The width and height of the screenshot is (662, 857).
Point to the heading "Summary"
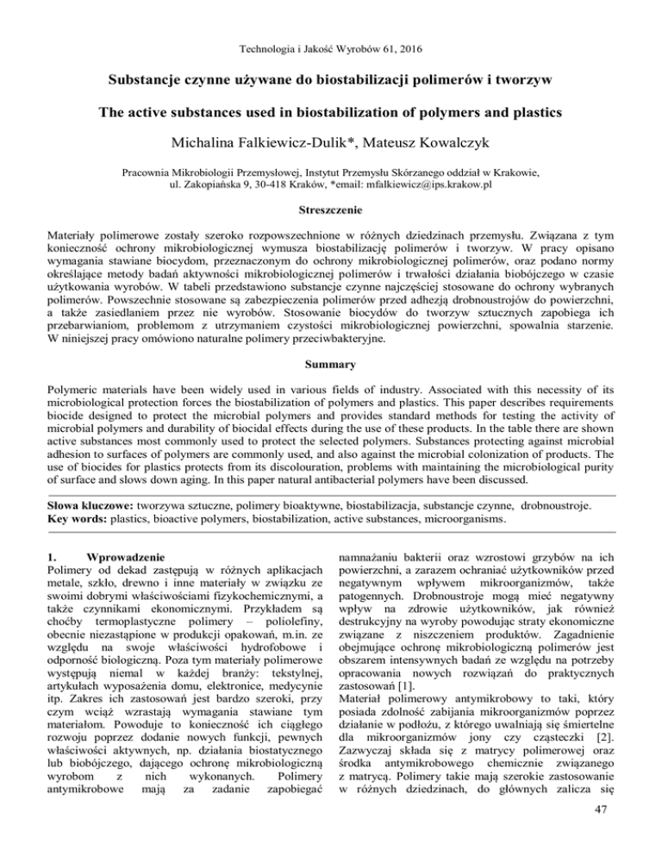tap(331, 329)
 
